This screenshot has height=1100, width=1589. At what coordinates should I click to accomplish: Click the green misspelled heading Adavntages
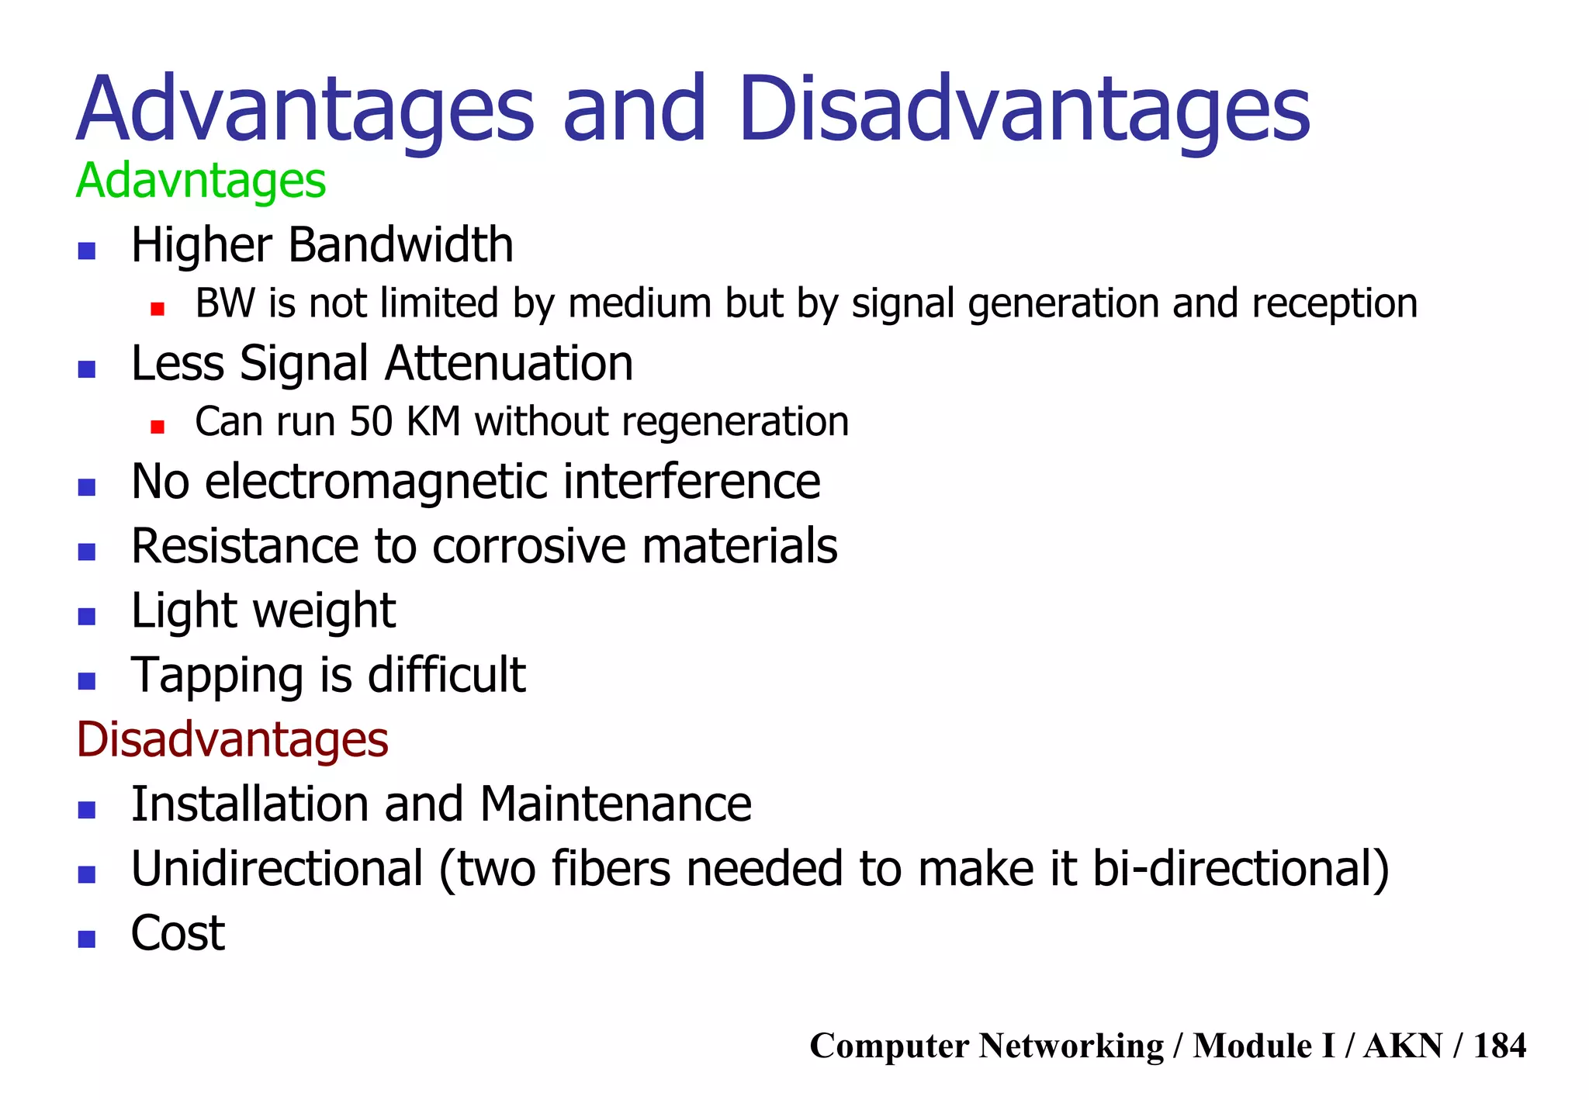coord(201,182)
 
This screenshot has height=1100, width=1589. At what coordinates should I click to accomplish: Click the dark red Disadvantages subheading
coord(232,739)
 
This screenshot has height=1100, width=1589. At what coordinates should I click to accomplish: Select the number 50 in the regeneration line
coord(371,422)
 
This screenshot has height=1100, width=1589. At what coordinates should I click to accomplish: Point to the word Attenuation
coord(509,364)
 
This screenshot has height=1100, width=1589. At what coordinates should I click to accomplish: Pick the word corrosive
coord(529,546)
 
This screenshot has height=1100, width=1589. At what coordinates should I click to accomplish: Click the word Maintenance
coord(615,804)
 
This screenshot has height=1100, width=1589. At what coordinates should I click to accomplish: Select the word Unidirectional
coord(277,869)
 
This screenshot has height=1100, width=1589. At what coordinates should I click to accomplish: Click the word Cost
coord(178,933)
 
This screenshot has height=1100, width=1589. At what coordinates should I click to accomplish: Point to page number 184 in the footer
coord(1499,1046)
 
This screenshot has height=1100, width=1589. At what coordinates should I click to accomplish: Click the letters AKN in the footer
coord(1403,1046)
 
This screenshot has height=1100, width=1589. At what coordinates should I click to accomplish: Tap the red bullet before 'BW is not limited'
coord(158,309)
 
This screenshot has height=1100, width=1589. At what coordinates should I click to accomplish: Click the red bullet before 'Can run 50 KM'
coord(158,427)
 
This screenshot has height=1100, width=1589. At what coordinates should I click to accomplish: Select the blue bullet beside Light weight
coord(87,617)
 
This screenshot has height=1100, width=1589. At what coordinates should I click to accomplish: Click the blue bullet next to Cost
coord(87,939)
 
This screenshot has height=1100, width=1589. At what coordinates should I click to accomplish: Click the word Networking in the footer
coord(1071,1046)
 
